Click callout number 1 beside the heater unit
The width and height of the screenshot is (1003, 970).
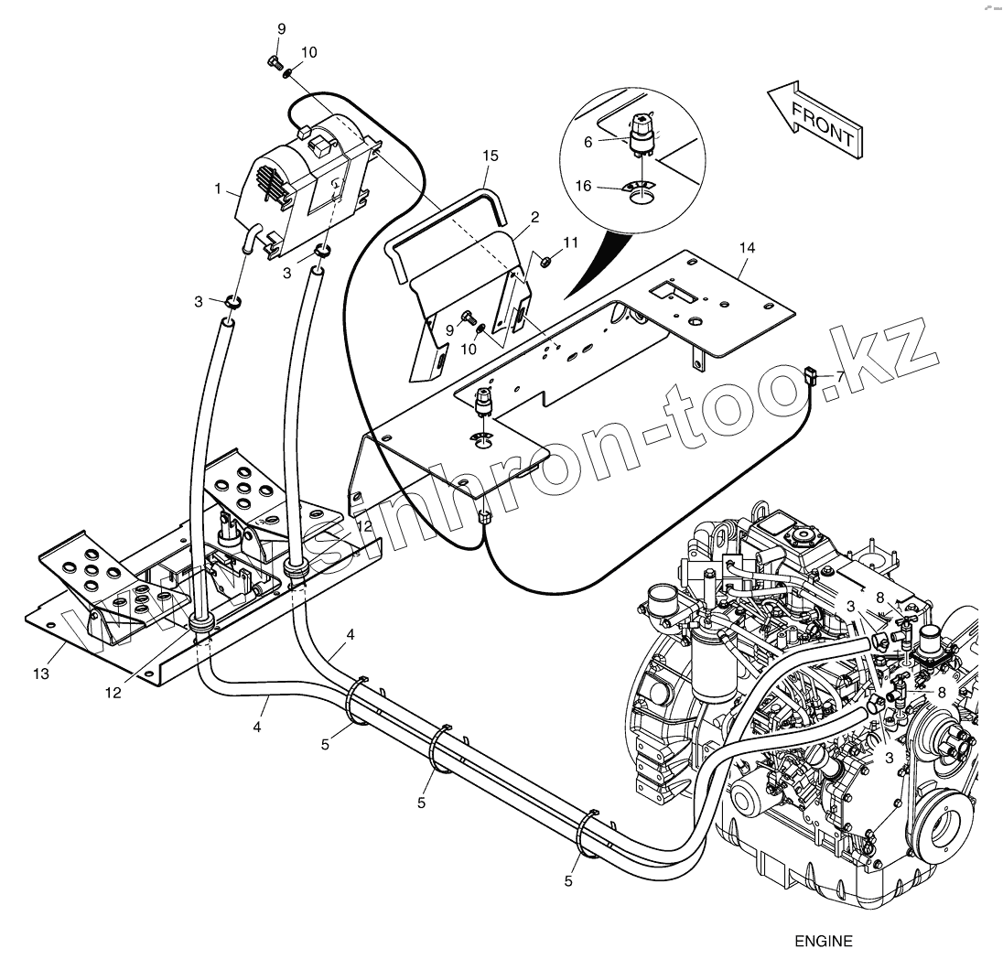pyautogui.click(x=218, y=189)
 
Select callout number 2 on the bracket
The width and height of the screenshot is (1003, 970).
pyautogui.click(x=534, y=216)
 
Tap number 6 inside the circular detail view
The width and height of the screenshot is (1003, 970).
pyautogui.click(x=588, y=141)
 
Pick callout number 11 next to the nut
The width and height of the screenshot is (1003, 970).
pyautogui.click(x=571, y=242)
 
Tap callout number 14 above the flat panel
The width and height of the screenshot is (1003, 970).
pyautogui.click(x=748, y=247)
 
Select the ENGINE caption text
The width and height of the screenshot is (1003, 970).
pyautogui.click(x=823, y=941)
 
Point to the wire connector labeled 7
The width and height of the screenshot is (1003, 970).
pyautogui.click(x=810, y=373)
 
